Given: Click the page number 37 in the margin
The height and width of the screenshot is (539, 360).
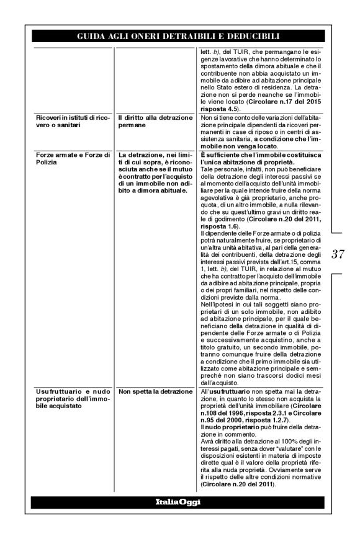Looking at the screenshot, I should [x=339, y=254].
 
